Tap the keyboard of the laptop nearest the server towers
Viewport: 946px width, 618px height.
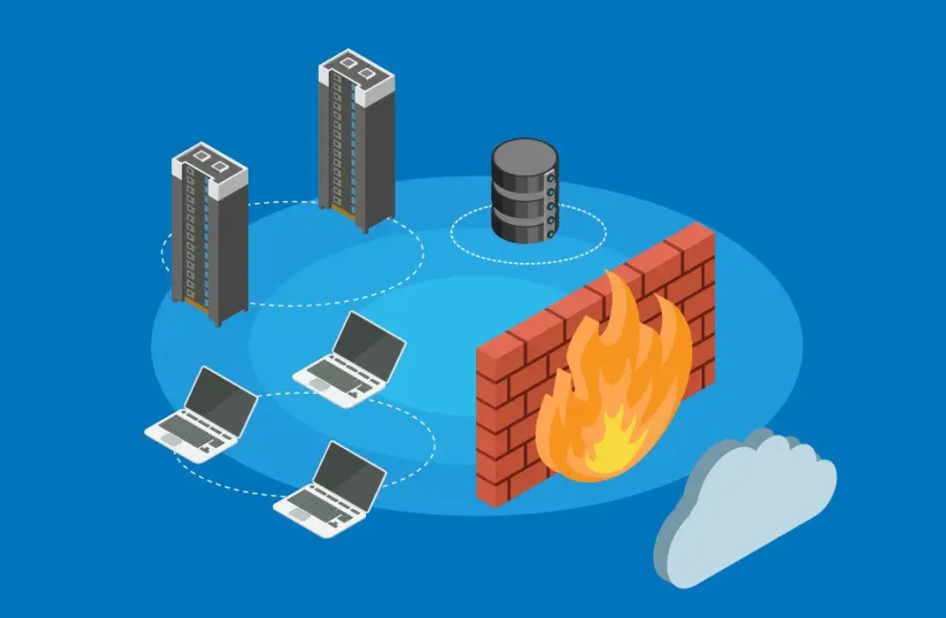click(338, 372)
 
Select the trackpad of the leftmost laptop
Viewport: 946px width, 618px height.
click(173, 440)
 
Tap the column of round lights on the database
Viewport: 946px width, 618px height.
click(551, 203)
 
